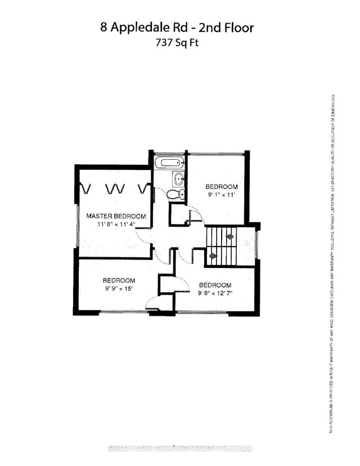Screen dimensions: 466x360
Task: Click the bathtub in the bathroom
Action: click(169, 163)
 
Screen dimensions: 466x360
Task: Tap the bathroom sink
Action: click(178, 180)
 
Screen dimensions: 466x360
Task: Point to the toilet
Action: click(174, 194)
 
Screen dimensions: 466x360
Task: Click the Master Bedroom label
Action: click(116, 216)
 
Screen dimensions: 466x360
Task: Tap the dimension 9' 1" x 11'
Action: click(220, 196)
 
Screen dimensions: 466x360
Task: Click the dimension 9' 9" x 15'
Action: click(119, 290)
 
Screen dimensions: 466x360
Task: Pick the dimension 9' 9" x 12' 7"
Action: click(214, 293)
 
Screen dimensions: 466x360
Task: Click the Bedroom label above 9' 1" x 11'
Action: click(221, 187)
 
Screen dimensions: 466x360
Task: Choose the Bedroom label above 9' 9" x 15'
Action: click(119, 280)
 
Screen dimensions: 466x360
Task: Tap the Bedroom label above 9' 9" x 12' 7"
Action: click(215, 284)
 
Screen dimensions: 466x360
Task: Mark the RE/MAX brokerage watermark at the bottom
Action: click(180, 449)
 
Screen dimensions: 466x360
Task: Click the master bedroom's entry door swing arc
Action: click(142, 239)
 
